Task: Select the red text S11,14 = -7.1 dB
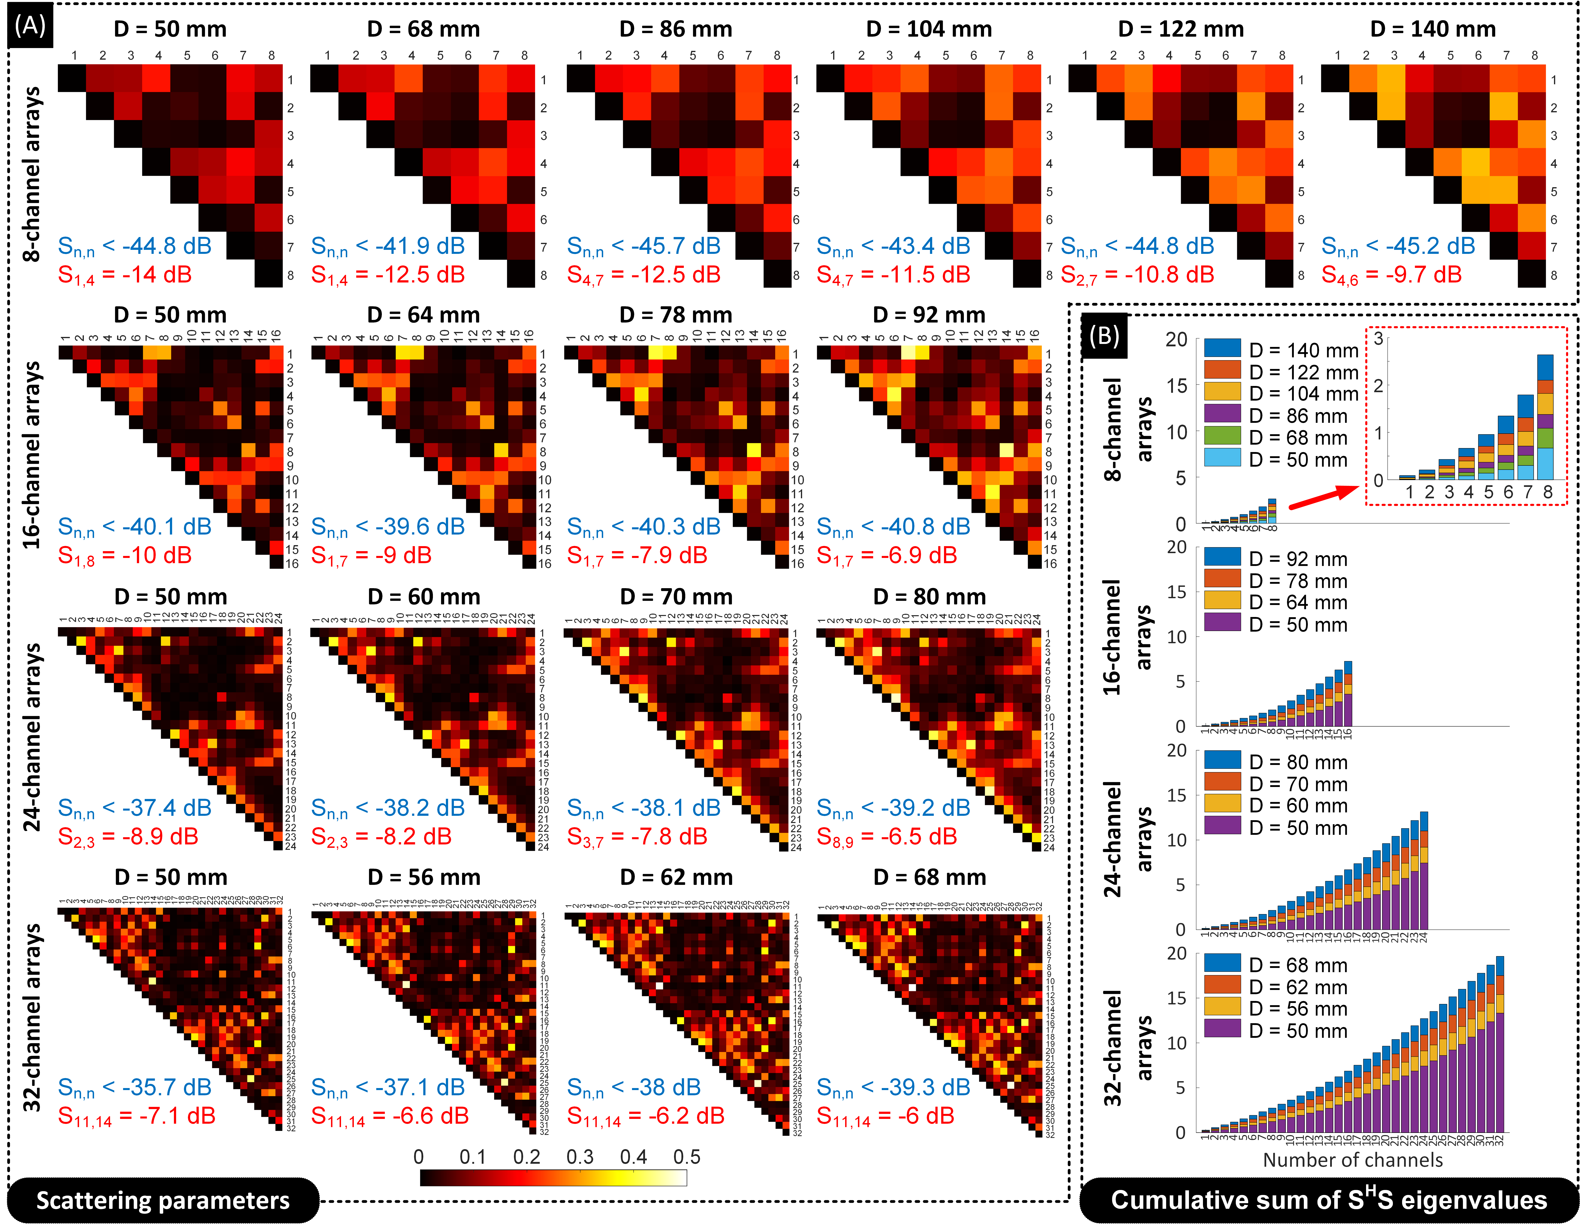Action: click(x=137, y=1116)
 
